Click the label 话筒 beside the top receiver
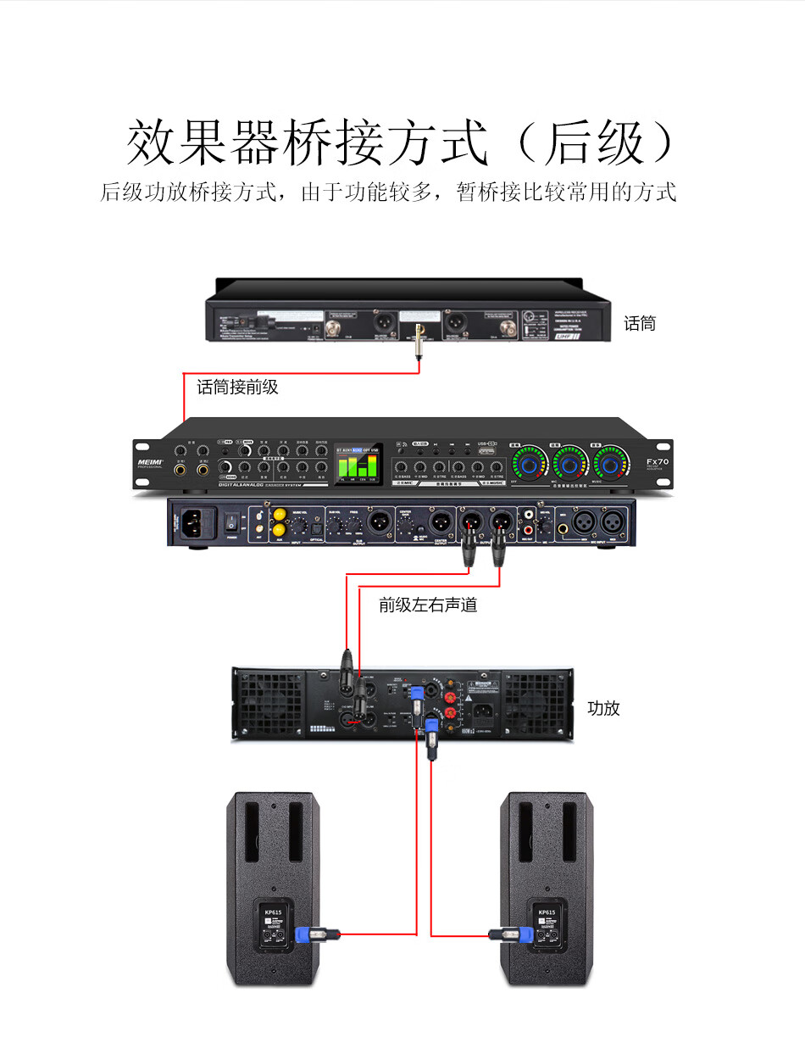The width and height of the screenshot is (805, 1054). click(640, 323)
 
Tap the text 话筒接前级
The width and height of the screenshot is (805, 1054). click(237, 388)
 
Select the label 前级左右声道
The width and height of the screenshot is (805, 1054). click(428, 605)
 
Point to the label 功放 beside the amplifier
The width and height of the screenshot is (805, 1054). click(604, 708)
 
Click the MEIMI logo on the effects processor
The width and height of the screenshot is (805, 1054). click(149, 463)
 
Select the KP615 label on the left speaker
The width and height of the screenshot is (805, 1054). click(273, 912)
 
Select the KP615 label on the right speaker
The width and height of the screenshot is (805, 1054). click(547, 912)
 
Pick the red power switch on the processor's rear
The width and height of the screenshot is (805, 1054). click(229, 520)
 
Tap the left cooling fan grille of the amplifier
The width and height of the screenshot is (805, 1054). click(268, 703)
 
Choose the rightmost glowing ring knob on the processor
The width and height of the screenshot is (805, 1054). click(610, 465)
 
